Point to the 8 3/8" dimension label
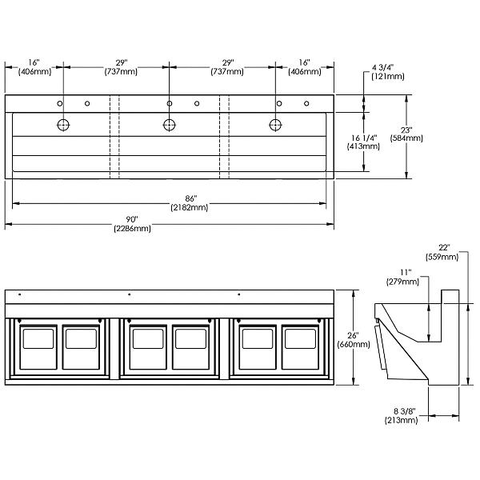point(406,410)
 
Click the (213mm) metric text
point(405,418)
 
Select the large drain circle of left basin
point(62,124)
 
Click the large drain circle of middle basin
point(170,124)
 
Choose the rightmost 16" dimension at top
point(303,62)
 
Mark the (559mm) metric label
point(445,257)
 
